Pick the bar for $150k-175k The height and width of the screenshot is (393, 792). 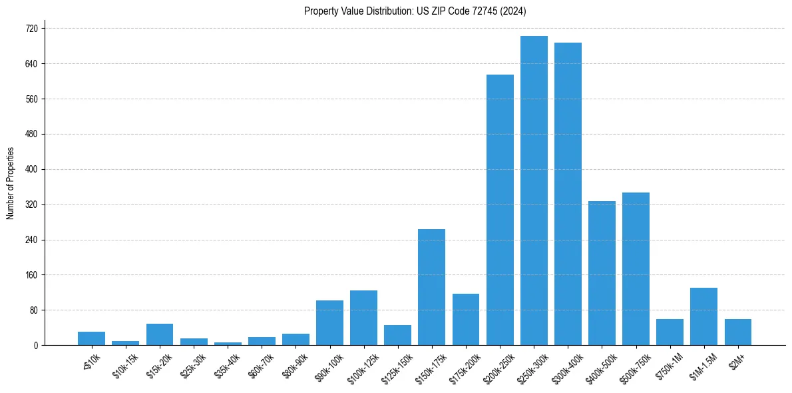(x=431, y=287)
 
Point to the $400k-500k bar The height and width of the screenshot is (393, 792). (x=602, y=273)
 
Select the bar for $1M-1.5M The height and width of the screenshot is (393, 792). (x=703, y=316)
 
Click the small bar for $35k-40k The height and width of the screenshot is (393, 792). (x=227, y=344)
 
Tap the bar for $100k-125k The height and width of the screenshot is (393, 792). (x=363, y=318)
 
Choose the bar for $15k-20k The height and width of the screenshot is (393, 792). (x=159, y=334)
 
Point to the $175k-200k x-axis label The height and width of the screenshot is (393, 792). (x=464, y=367)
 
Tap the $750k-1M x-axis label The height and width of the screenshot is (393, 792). (x=669, y=366)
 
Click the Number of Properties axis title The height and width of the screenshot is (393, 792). (x=10, y=183)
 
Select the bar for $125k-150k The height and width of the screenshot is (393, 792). (x=397, y=335)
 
